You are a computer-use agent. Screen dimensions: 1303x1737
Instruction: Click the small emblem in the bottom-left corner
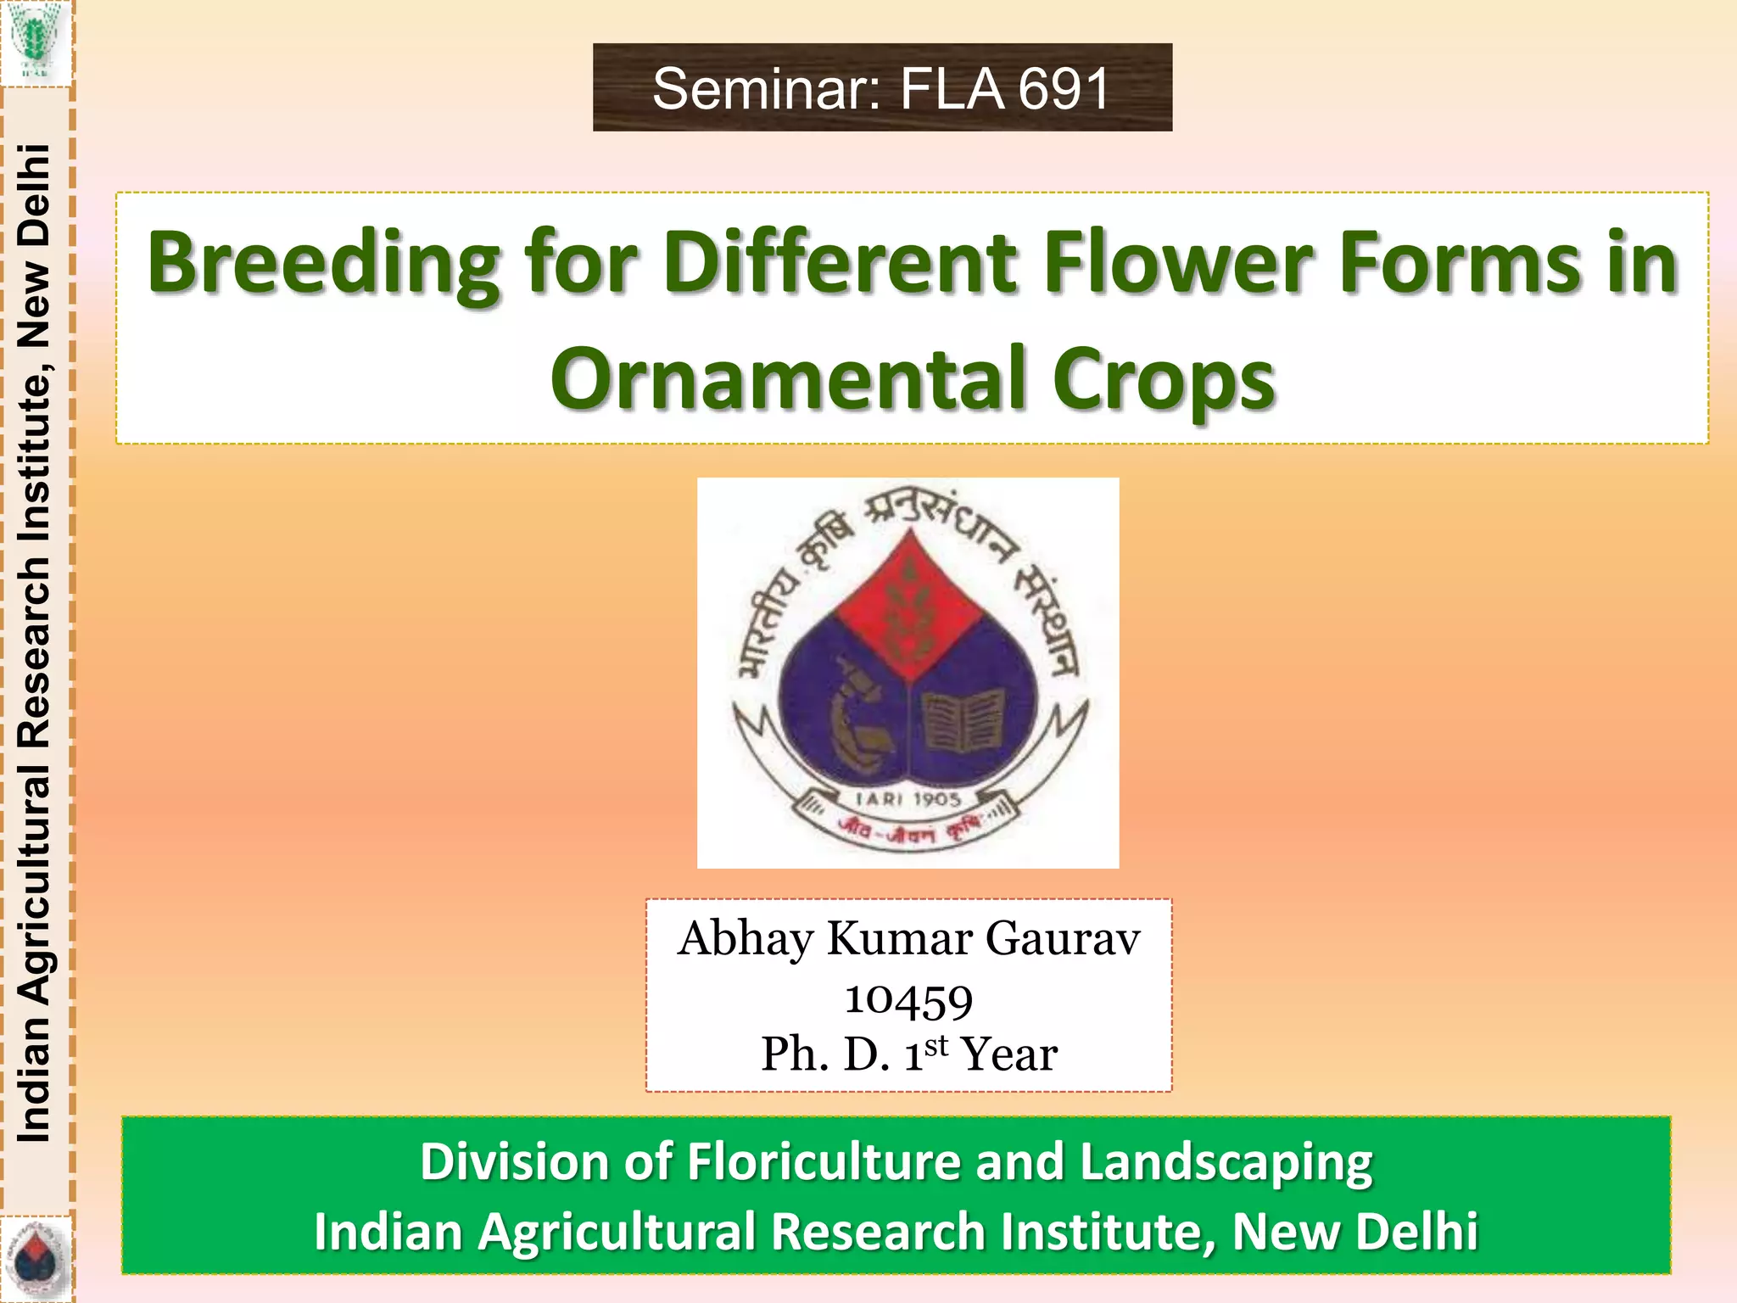point(35,1259)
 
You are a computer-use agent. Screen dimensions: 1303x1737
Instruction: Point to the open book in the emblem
point(963,721)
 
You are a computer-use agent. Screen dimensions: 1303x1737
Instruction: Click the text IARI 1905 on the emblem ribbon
point(908,799)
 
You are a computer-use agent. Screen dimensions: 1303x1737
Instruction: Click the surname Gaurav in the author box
point(1062,940)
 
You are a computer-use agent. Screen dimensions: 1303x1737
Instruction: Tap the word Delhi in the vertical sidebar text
point(35,195)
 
